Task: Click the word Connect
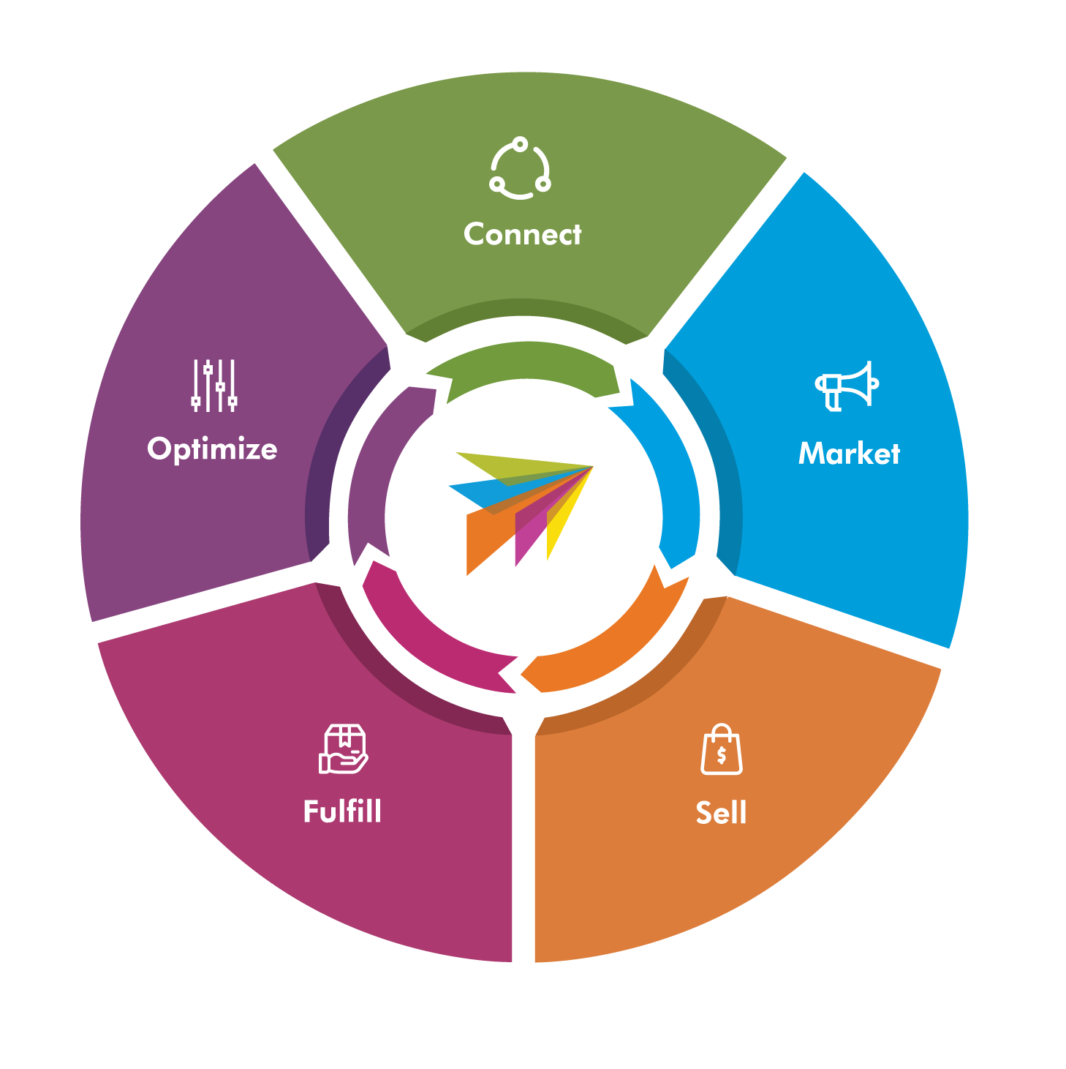522,234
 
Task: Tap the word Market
849,454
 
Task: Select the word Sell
721,813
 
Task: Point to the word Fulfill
342,811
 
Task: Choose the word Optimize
212,449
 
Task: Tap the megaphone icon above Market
847,386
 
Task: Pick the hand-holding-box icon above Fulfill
343,749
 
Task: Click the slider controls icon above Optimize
213,386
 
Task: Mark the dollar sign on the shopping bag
722,755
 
